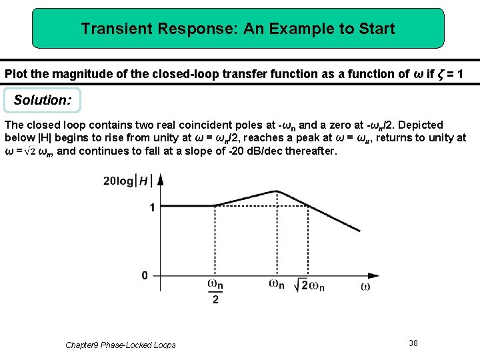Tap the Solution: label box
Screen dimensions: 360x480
click(x=42, y=101)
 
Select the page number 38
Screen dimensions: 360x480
click(x=413, y=343)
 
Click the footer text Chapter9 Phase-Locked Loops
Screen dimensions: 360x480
click(x=121, y=345)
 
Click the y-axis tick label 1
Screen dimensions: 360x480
click(x=152, y=207)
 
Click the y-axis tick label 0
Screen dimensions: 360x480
click(x=145, y=275)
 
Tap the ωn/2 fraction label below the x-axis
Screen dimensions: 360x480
click(x=215, y=292)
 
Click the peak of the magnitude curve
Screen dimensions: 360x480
click(x=277, y=191)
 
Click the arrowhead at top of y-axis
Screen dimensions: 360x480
click(x=160, y=178)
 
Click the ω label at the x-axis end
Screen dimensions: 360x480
click(x=365, y=287)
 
